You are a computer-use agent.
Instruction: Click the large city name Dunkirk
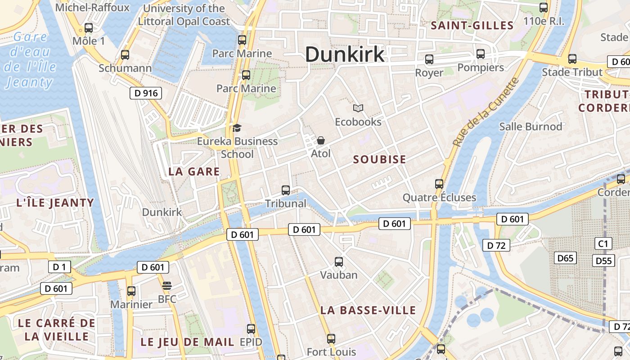[x=345, y=54]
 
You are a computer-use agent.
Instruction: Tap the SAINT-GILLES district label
[x=472, y=26]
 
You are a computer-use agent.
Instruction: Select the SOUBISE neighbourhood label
[x=379, y=159]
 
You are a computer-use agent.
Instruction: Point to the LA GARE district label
[x=194, y=171]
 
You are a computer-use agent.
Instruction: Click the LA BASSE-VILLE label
[x=368, y=310]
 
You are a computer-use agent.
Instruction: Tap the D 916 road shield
[x=145, y=93]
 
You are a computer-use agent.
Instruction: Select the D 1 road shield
[x=59, y=267]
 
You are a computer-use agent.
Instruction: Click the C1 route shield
[x=603, y=244]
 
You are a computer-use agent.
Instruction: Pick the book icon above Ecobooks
[x=358, y=108]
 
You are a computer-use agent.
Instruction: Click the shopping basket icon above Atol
[x=321, y=141]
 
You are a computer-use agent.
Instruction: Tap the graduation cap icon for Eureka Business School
[x=237, y=128]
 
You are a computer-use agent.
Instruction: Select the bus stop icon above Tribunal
[x=286, y=190]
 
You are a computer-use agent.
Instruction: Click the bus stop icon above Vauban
[x=339, y=261]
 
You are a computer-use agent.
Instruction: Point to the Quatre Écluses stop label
[x=439, y=198]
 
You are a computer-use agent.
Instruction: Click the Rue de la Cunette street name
[x=486, y=112]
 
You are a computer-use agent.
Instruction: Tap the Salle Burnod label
[x=531, y=126]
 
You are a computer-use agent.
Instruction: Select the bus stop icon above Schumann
[x=125, y=55]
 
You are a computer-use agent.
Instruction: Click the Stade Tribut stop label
[x=571, y=72]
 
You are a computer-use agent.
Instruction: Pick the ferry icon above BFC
[x=167, y=285]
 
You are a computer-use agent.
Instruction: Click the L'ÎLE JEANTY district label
[x=55, y=202]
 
